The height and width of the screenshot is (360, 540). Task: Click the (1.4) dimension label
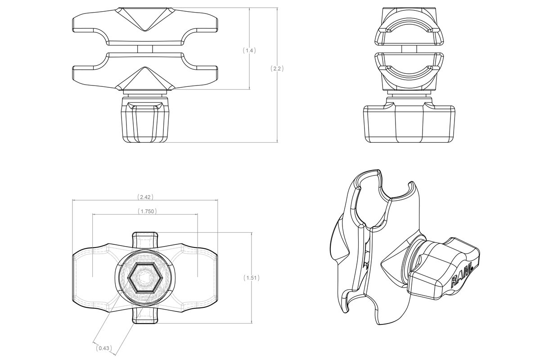click(249, 50)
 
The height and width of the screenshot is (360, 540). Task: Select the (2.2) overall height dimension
click(277, 69)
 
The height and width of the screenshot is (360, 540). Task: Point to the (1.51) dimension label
click(250, 278)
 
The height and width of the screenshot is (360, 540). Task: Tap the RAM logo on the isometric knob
click(461, 275)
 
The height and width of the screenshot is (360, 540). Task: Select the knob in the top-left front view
click(145, 121)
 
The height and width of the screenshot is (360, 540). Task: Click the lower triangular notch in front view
click(145, 78)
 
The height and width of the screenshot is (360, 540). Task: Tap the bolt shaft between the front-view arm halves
click(145, 49)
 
